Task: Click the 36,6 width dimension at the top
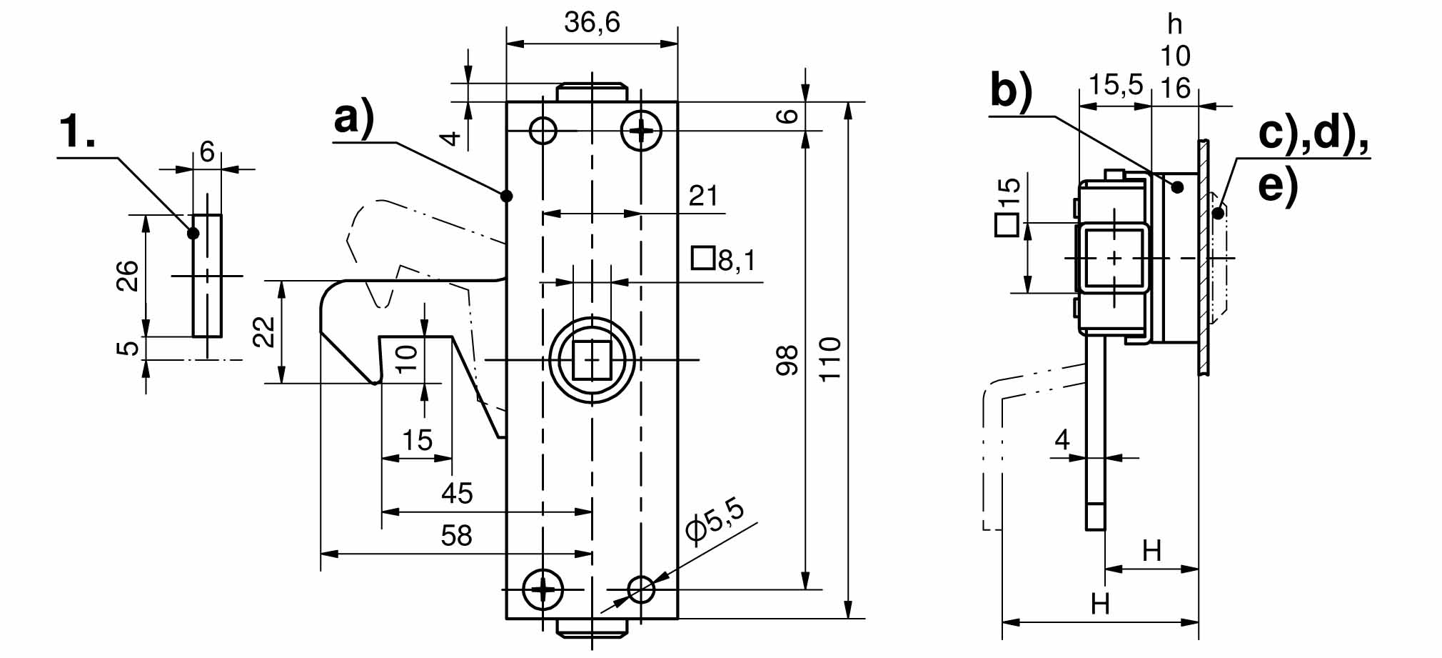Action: [x=592, y=22]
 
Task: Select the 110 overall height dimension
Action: [x=830, y=359]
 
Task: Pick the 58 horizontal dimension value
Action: [x=456, y=536]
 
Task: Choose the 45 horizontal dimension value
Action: [x=456, y=494]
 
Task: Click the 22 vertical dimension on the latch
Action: [x=264, y=332]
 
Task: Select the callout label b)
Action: [x=1011, y=91]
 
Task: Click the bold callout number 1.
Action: [x=77, y=132]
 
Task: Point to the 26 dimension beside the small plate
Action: [x=127, y=276]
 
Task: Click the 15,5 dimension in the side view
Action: [x=1115, y=85]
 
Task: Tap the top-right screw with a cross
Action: [x=641, y=131]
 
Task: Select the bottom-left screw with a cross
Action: [x=543, y=589]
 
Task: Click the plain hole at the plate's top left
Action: [x=543, y=131]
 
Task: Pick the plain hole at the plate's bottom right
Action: [x=641, y=589]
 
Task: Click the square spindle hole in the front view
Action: [x=592, y=359]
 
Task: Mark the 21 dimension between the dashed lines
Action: [x=702, y=196]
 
